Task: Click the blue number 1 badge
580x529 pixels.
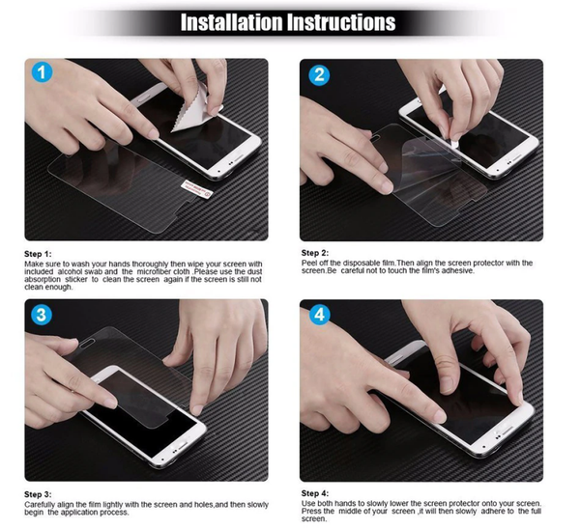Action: coord(42,72)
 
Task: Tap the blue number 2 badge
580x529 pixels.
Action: coord(318,75)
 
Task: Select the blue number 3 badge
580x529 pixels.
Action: coord(42,315)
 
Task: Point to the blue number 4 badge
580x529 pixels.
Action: coord(319,315)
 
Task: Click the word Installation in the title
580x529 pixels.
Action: coord(232,22)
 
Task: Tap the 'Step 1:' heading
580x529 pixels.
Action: coord(38,254)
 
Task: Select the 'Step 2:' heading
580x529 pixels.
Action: coord(315,253)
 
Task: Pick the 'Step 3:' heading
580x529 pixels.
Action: coord(38,494)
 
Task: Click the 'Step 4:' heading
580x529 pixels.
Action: coord(315,492)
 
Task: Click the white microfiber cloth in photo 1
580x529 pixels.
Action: coord(196,109)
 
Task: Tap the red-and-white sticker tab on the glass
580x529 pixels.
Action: coord(197,189)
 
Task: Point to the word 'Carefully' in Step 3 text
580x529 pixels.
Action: coord(40,504)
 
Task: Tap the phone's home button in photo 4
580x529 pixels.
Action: coord(507,430)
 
